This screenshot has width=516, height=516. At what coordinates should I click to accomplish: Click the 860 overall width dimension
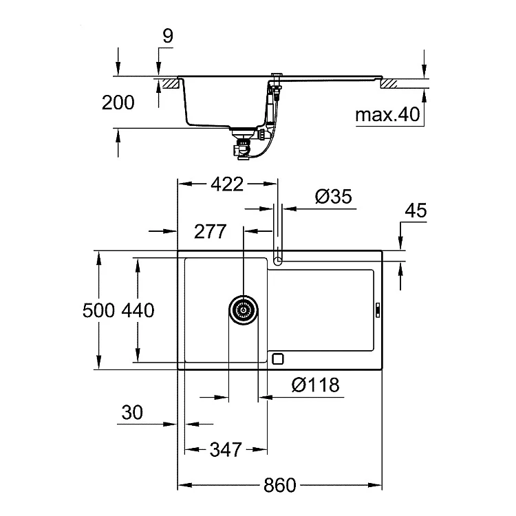pos(279,485)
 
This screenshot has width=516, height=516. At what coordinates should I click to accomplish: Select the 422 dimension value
pos(227,184)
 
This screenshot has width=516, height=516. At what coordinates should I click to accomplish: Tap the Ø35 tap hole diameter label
pos(334,197)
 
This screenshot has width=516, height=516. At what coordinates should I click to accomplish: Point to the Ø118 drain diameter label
pos(315,385)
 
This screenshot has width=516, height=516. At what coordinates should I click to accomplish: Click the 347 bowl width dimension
pos(226,449)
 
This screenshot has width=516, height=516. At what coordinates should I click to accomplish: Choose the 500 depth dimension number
pos(98,310)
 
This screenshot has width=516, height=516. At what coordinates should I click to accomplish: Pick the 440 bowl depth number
pos(138,310)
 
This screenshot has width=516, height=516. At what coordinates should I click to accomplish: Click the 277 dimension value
pos(211,232)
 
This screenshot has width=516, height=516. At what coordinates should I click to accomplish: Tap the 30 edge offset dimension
pos(132,412)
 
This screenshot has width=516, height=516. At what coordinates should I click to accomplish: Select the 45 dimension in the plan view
pos(416,211)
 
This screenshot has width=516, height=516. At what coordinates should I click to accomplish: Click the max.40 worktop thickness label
pos(387,114)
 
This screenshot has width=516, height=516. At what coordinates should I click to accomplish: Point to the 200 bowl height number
pos(118,103)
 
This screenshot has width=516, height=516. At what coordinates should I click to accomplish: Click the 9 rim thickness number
pos(168,36)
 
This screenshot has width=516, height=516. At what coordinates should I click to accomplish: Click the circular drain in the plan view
pos(243,310)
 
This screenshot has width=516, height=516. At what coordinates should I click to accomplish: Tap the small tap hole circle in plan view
pos(278,261)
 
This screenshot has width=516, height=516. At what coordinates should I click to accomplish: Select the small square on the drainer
pos(278,358)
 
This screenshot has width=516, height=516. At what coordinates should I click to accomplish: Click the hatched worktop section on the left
pos(170,83)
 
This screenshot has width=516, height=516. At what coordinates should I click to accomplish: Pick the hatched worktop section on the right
pos(389,83)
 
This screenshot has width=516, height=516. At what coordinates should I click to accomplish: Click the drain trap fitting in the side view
pos(243,144)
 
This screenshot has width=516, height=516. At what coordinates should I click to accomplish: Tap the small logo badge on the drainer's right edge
pos(378,310)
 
